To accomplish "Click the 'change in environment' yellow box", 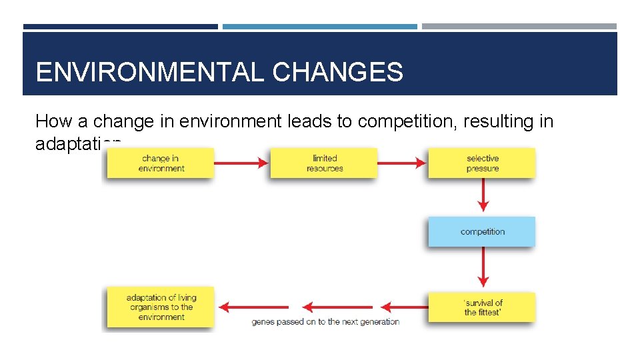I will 161,163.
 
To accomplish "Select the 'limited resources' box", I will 324,163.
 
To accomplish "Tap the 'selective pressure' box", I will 482,163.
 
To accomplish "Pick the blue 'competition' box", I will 482,231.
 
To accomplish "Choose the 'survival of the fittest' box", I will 482,307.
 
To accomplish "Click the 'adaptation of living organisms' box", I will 161,307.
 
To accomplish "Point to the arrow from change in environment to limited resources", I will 241,163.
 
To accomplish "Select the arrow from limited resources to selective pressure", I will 402,163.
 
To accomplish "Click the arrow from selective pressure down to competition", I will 483,197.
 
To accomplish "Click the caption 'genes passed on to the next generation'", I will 325,322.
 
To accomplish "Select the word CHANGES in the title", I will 338,72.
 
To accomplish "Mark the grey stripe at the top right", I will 519,27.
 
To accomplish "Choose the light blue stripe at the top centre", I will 320,27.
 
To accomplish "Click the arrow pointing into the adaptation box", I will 244,307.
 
